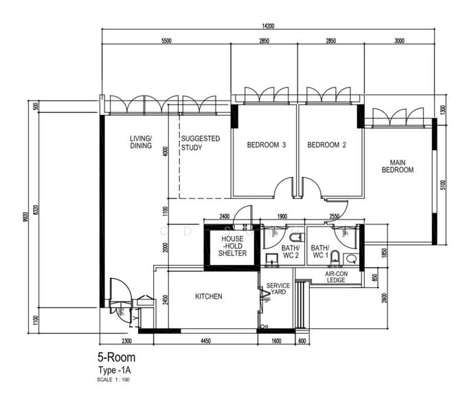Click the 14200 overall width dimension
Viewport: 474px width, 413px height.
[x=268, y=26]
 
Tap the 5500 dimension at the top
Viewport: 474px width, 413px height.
[x=166, y=41]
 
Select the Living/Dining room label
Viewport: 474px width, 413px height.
[x=142, y=142]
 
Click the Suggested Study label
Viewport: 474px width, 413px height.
[x=201, y=143]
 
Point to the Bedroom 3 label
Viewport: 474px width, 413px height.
[x=267, y=145]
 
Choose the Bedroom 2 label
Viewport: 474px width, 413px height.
[x=327, y=145]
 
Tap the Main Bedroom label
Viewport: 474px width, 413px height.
[x=398, y=167]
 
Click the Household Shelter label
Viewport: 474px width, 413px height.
[x=232, y=246]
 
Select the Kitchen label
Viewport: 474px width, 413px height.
[x=209, y=297]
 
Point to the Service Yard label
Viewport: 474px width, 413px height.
[x=278, y=289]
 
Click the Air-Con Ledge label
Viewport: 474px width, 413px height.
[x=336, y=277]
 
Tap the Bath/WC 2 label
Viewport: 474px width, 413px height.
[x=291, y=252]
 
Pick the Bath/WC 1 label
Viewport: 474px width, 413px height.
[x=320, y=252]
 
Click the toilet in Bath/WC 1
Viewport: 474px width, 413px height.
[x=335, y=257]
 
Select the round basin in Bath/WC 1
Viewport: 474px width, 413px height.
[x=351, y=259]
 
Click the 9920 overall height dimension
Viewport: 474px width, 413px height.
[x=25, y=217]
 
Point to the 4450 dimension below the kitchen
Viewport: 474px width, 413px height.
[x=205, y=341]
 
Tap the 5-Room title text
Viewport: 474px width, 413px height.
[x=116, y=357]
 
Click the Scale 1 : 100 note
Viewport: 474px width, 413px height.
[x=113, y=379]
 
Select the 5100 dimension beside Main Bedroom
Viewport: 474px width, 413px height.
[x=443, y=185]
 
